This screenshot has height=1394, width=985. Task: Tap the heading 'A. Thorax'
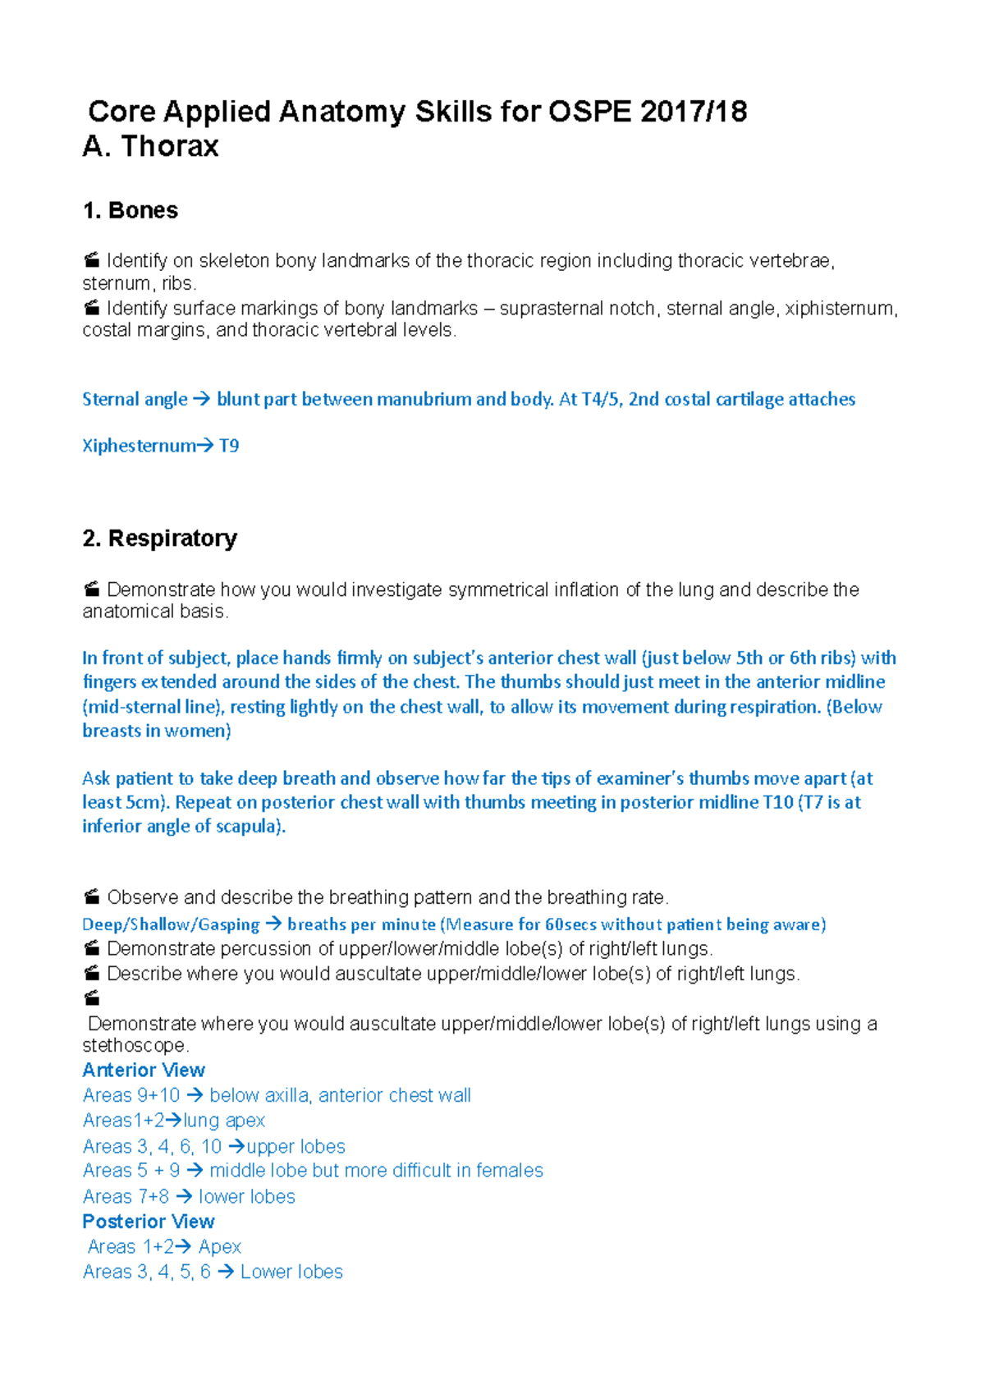[x=151, y=147]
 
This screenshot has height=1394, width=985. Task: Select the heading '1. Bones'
[x=131, y=211]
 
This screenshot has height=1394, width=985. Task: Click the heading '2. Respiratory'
[x=160, y=539]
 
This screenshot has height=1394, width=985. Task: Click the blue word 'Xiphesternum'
[x=138, y=446]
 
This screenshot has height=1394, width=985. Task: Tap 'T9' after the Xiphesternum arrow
[x=229, y=446]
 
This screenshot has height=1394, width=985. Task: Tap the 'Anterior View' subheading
[x=144, y=1071]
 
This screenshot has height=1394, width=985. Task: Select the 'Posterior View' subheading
[x=149, y=1222]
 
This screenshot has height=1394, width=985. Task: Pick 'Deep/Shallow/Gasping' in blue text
[x=171, y=925]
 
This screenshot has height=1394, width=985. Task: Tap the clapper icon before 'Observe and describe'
[x=92, y=896]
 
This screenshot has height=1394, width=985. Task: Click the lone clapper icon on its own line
[x=92, y=998]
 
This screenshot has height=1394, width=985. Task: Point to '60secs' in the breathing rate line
[x=570, y=925]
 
